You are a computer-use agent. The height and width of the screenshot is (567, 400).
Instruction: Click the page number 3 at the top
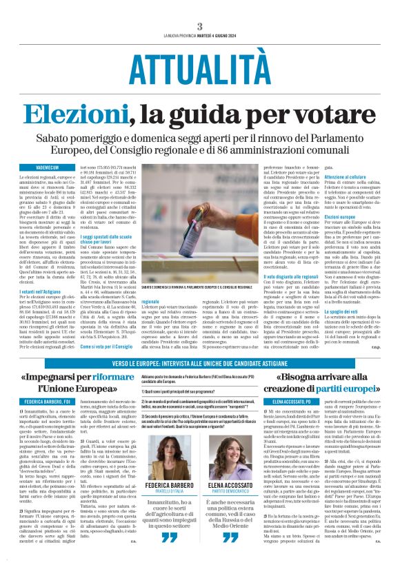(199, 26)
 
